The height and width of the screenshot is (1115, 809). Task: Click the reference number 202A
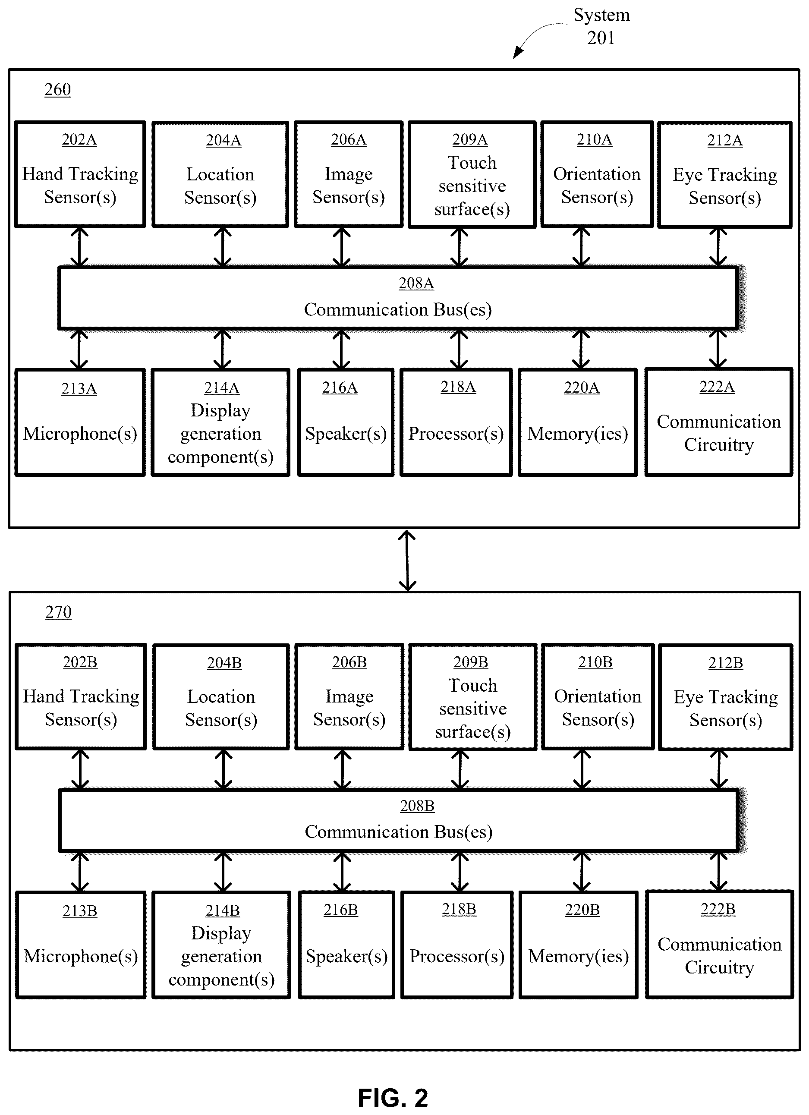click(x=79, y=140)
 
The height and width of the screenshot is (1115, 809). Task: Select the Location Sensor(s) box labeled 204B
click(x=221, y=696)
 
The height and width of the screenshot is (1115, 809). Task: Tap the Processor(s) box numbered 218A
click(x=456, y=422)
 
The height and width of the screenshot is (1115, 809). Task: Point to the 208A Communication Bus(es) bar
click(x=398, y=298)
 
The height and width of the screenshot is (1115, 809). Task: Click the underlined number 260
click(x=57, y=89)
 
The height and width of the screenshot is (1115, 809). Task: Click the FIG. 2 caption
click(x=393, y=1098)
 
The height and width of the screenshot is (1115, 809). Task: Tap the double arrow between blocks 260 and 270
click(x=407, y=561)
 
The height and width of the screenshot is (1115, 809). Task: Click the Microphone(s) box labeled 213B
click(x=81, y=945)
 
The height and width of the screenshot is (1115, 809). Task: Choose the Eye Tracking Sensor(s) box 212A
click(x=725, y=174)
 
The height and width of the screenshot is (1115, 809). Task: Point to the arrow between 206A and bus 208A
click(x=342, y=247)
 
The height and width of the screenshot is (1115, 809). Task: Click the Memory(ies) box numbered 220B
click(x=579, y=945)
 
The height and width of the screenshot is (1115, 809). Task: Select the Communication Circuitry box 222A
click(x=718, y=422)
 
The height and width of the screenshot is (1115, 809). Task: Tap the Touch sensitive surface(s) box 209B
click(x=473, y=697)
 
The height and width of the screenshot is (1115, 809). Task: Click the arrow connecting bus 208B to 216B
click(x=342, y=872)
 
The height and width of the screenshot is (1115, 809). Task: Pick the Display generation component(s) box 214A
click(x=220, y=422)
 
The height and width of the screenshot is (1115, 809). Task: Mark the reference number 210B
click(x=595, y=662)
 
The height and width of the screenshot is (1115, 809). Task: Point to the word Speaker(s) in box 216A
click(x=346, y=434)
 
